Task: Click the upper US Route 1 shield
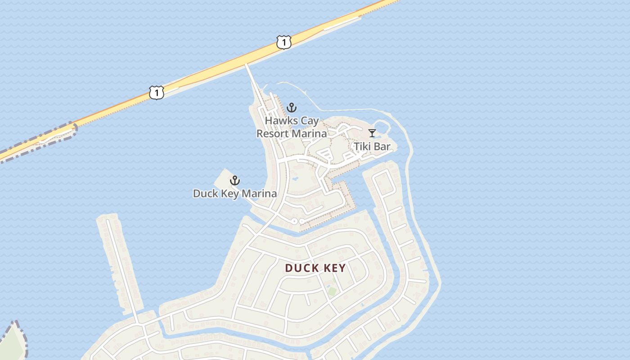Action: point(284,43)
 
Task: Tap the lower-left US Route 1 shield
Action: point(156,93)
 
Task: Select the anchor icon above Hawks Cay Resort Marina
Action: point(292,108)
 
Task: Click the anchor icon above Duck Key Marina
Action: point(234,181)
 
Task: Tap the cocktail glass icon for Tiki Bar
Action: point(372,133)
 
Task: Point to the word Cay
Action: point(310,121)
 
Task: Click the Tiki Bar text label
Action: point(372,146)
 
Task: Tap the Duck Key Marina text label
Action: point(234,193)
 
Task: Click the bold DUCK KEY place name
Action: point(315,268)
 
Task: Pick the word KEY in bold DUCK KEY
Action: point(334,268)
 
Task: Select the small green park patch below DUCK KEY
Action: point(332,291)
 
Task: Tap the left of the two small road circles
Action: point(294,221)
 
